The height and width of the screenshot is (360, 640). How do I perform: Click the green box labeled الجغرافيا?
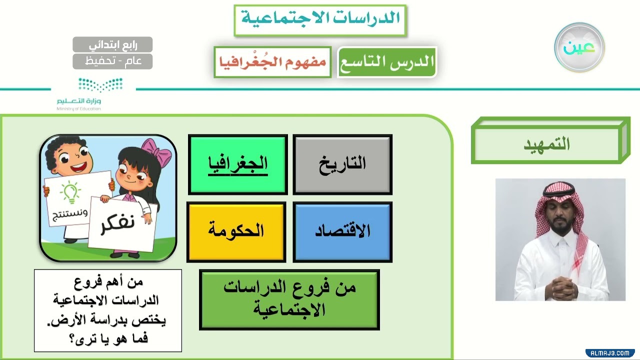pyautogui.click(x=238, y=164)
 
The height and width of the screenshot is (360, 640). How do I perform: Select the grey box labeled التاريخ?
pyautogui.click(x=342, y=164)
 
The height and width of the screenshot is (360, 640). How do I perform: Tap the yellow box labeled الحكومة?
pyautogui.click(x=236, y=231)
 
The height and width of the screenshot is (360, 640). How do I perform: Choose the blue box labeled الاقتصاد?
pyautogui.click(x=342, y=231)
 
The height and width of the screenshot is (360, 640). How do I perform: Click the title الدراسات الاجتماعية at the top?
pyautogui.click(x=320, y=20)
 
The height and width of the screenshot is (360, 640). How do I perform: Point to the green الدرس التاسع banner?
pyautogui.click(x=387, y=62)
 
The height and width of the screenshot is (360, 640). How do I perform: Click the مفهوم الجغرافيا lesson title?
pyautogui.click(x=272, y=62)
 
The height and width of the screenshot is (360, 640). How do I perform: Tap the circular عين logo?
pyautogui.click(x=579, y=47)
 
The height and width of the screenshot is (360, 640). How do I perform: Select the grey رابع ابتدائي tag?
pyautogui.click(x=112, y=44)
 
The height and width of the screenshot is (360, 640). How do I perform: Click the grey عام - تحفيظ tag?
pyautogui.click(x=112, y=61)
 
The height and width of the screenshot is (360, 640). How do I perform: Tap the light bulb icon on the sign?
pyautogui.click(x=70, y=192)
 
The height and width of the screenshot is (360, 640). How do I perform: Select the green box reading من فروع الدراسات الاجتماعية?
pyautogui.click(x=289, y=299)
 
